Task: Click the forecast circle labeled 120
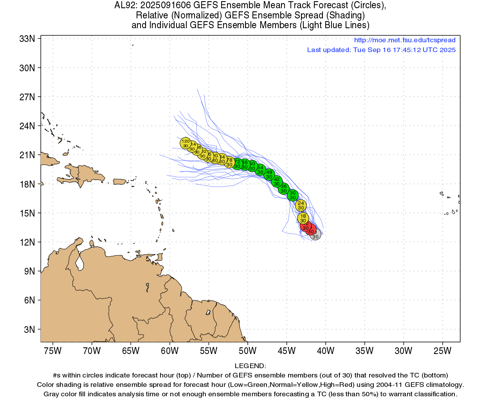[186, 143]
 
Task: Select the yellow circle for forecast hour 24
[301, 205]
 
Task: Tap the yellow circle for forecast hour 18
[303, 218]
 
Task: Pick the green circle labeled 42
[277, 181]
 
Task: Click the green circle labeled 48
[269, 174]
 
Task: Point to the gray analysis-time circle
[315, 235]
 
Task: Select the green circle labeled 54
[260, 170]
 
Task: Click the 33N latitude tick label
[27, 39]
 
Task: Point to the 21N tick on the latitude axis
[27, 155]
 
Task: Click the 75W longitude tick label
[53, 350]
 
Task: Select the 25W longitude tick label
[442, 350]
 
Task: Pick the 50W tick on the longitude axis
[248, 350]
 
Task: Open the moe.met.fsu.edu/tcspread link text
[404, 40]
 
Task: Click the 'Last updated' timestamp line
[381, 50]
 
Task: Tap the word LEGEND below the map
[250, 366]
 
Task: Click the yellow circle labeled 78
[230, 162]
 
